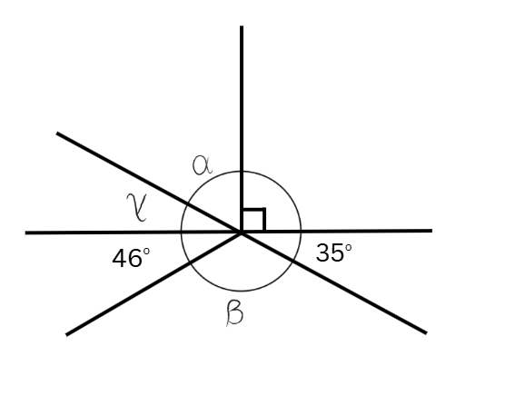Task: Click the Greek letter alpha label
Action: coord(202,165)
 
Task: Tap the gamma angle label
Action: coord(137,207)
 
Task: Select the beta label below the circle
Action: coord(234,313)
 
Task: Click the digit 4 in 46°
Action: coord(120,258)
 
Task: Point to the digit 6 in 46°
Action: coord(135,259)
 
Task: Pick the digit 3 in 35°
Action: coord(323,252)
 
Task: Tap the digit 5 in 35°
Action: coord(338,253)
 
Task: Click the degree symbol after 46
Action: coord(146,252)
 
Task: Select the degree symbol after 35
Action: coord(348,247)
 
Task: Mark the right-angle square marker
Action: coord(253,220)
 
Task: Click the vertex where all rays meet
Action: coord(242,233)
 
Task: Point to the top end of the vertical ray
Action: coord(242,26)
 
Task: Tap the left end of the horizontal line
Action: coord(25,233)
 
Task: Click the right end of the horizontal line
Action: coord(431,231)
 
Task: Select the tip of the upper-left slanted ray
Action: coord(57,134)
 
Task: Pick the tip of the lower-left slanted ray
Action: coord(66,334)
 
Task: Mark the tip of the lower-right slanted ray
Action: coord(426,333)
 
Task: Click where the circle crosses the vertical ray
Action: coord(242,172)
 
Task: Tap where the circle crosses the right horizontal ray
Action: coord(301,232)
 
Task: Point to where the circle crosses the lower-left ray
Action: coord(190,262)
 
